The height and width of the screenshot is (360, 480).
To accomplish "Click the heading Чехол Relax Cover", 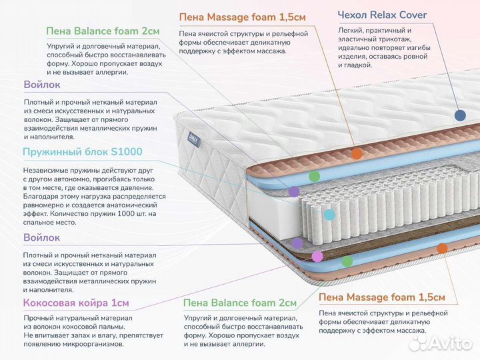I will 382,15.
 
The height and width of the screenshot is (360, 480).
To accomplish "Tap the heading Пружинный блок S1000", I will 82,152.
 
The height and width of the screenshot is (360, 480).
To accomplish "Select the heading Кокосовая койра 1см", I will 75,303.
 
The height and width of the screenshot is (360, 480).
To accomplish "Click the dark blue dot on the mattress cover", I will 459,115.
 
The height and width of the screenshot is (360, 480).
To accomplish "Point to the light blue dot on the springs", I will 329,215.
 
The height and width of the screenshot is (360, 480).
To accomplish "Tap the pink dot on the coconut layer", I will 317,255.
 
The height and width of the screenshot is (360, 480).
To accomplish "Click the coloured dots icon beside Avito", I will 419,343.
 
